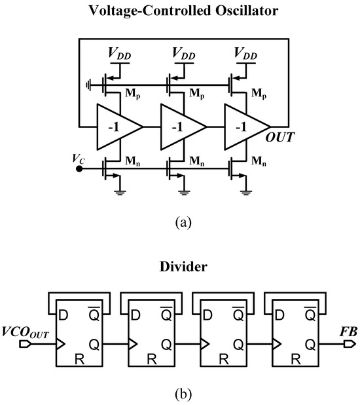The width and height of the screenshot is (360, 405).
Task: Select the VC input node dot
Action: click(x=80, y=168)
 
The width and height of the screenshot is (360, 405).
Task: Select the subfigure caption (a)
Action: click(x=181, y=222)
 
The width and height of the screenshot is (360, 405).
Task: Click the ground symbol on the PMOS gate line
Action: click(x=87, y=83)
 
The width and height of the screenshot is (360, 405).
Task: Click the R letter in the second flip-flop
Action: click(x=153, y=358)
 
